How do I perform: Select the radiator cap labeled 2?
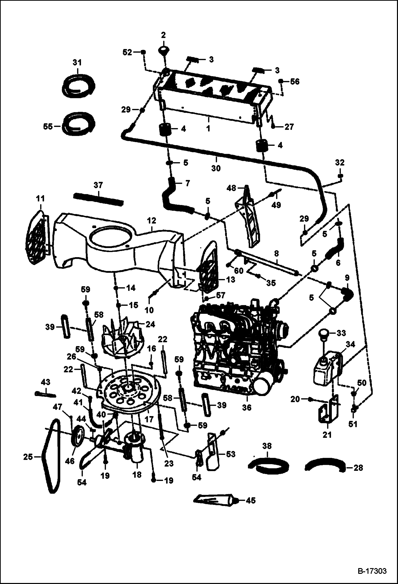coord(163,50)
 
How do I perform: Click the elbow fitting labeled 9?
coord(347,294)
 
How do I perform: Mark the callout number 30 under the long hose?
coord(216,168)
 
